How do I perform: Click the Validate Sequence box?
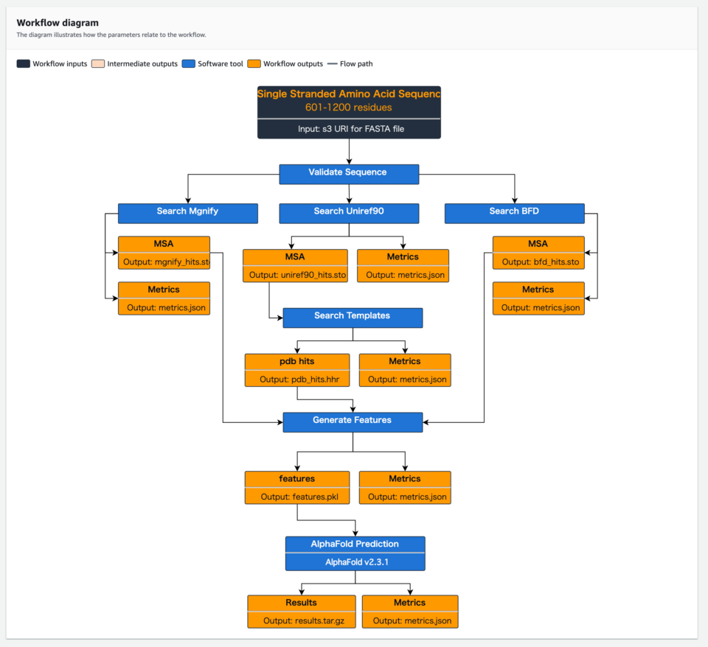(x=348, y=173)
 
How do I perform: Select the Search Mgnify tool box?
(x=187, y=212)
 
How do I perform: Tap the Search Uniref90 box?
(x=348, y=212)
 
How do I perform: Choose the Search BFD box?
(x=514, y=212)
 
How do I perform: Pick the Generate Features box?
(x=352, y=421)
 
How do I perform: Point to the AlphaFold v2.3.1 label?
(x=355, y=562)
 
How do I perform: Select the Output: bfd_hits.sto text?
(x=538, y=262)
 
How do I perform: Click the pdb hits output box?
(x=296, y=362)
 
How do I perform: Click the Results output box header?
(x=301, y=603)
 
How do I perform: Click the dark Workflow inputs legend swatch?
(x=23, y=64)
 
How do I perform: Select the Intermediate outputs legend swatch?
(x=98, y=64)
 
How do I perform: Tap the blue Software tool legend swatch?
(x=189, y=64)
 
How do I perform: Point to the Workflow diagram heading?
(x=58, y=23)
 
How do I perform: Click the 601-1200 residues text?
(x=348, y=108)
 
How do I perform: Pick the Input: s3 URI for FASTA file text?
(x=348, y=129)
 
